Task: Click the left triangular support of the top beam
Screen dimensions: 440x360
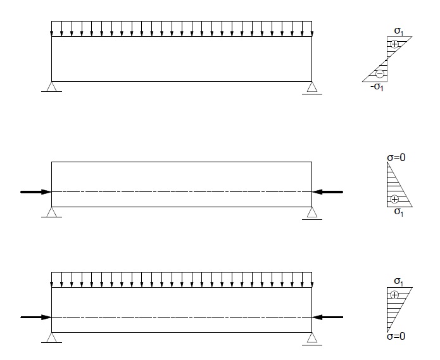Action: point(51,87)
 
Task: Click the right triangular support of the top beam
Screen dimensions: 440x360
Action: point(312,87)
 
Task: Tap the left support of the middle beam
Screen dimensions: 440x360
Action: point(51,212)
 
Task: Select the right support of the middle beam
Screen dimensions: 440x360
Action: point(312,214)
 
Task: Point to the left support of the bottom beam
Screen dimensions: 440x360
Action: point(51,338)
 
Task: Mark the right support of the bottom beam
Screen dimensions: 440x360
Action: point(312,338)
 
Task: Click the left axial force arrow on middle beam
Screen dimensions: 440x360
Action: point(36,192)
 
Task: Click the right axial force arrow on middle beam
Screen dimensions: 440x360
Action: point(327,192)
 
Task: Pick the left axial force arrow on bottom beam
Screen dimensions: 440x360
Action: point(36,318)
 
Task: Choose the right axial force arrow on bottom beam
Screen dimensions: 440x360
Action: point(327,318)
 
